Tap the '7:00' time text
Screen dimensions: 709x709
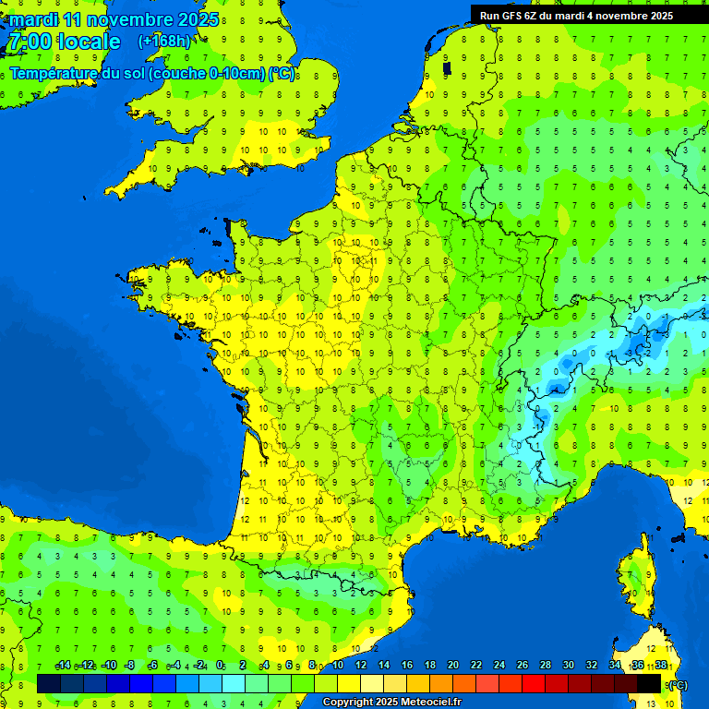pyautogui.click(x=30, y=42)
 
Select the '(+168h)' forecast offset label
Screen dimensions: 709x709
pyautogui.click(x=164, y=41)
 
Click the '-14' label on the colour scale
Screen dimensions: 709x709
pyautogui.click(x=63, y=666)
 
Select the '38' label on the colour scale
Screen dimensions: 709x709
pyautogui.click(x=661, y=666)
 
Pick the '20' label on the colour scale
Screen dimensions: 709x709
pyautogui.click(x=453, y=666)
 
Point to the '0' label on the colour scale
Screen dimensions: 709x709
pyautogui.click(x=220, y=666)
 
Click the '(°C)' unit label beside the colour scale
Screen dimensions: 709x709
pyautogui.click(x=678, y=684)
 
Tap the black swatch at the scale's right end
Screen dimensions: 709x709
pyautogui.click(x=649, y=683)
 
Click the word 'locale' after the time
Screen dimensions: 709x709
pyautogui.click(x=89, y=42)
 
